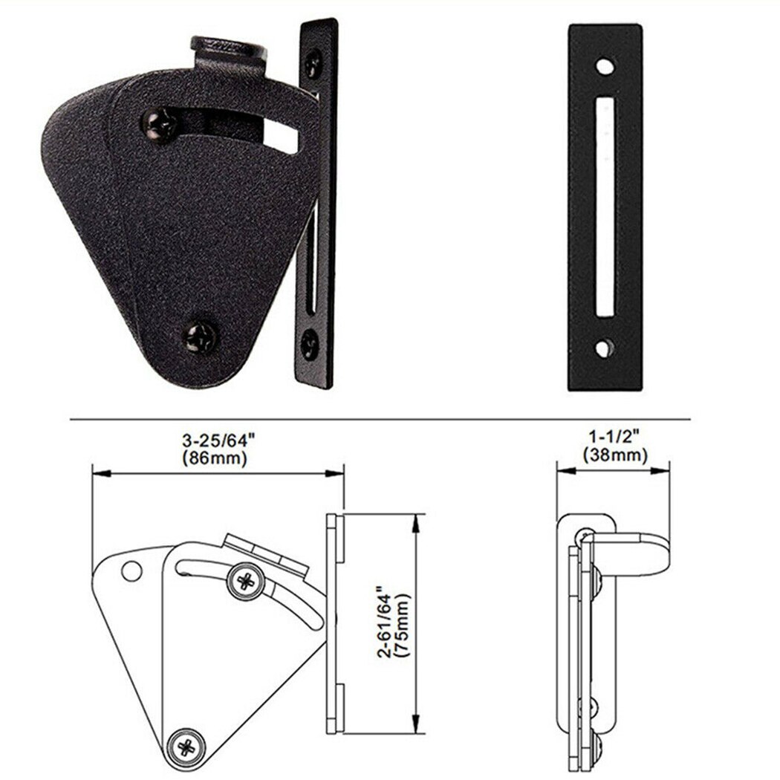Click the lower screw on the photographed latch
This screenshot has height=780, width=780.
point(200,336)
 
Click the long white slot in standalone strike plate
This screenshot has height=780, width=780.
point(606,206)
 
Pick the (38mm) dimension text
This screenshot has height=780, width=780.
point(614,455)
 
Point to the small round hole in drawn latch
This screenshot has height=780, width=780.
point(131,571)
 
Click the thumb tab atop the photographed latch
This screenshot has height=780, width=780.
point(228,49)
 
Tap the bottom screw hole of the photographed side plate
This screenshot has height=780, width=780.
point(310,343)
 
